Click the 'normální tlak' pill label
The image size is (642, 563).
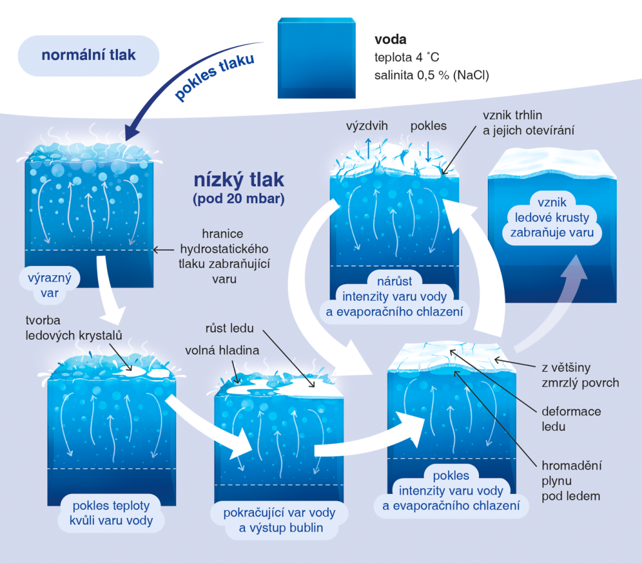[x=88, y=55]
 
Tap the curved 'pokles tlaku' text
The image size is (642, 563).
[x=214, y=76]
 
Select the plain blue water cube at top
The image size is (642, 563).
[x=317, y=58]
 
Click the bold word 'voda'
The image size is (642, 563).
[x=391, y=39]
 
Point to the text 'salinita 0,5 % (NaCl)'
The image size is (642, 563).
[x=431, y=75]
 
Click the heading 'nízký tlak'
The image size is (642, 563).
[x=239, y=179]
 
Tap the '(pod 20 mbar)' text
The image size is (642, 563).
[x=239, y=199]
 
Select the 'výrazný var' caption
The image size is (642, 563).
[x=50, y=285]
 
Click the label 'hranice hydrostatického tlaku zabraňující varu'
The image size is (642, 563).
[x=224, y=256]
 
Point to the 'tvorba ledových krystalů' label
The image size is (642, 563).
[x=74, y=327]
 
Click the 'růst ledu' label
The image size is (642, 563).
[x=229, y=328]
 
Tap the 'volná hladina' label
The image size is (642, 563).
[x=223, y=350]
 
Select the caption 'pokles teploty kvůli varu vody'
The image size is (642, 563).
[x=111, y=513]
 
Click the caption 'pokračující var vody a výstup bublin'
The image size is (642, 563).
[x=279, y=520]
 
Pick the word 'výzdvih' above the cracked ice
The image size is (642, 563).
[x=367, y=125]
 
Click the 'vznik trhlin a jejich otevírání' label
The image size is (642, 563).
[x=528, y=123]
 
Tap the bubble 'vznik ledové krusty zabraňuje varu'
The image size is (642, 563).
[x=552, y=218]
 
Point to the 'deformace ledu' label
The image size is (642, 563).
[x=571, y=419]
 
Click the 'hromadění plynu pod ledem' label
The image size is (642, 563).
[x=572, y=481]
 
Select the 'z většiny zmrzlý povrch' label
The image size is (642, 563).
[x=580, y=375]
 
